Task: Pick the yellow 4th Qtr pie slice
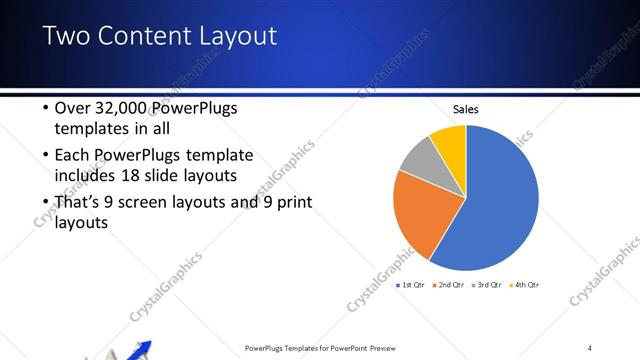click(450, 140)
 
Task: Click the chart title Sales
click(466, 110)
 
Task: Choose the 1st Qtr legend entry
click(411, 285)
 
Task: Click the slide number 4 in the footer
click(590, 348)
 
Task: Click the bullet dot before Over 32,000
click(45, 109)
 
